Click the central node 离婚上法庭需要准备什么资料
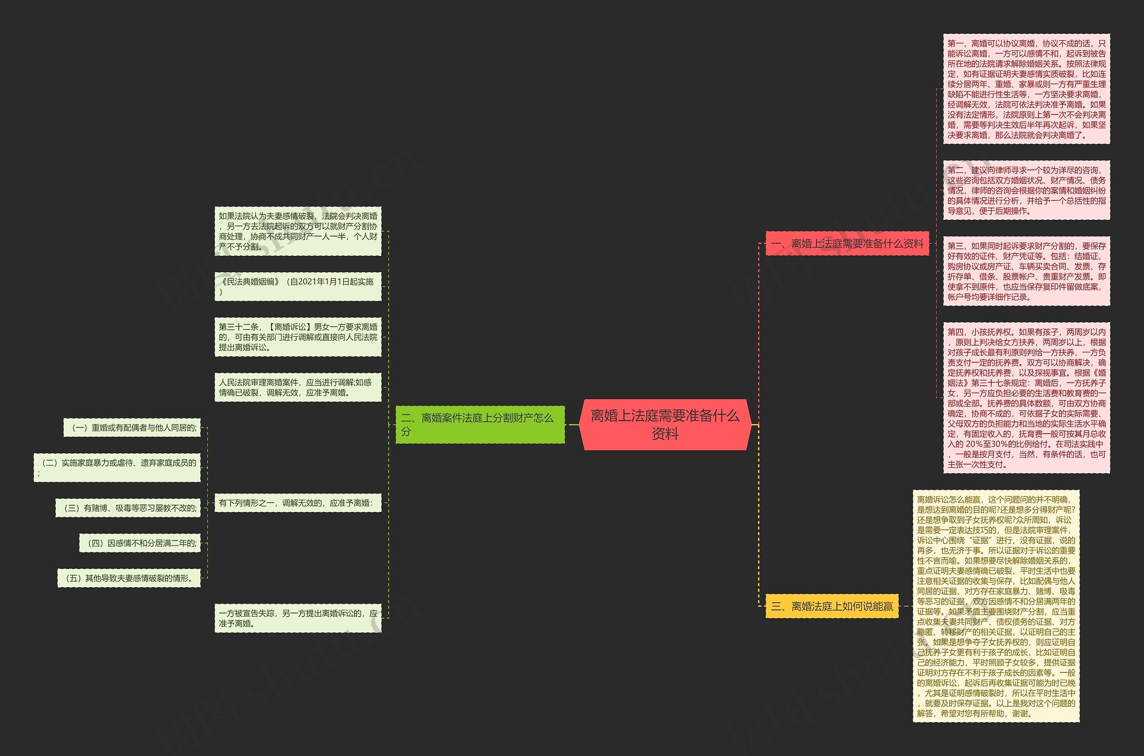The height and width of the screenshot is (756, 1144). point(665,424)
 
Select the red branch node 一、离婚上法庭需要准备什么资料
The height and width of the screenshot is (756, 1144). point(847,244)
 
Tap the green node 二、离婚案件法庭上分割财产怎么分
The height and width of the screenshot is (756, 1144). point(479,424)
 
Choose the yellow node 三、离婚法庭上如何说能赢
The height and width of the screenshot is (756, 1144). point(832,606)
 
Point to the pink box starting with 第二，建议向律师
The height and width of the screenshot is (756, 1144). point(1026,190)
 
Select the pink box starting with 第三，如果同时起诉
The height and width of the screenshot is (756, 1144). point(1026,271)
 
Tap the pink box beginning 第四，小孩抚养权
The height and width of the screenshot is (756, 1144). point(1026,398)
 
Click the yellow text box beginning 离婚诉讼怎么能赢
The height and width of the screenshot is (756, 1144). point(996,606)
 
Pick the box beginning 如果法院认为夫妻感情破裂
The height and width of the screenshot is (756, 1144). point(298,232)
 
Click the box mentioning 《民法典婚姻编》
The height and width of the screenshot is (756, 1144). point(298,287)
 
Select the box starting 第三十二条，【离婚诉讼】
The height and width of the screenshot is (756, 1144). point(298,337)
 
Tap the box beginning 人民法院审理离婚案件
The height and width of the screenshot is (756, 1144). point(298,387)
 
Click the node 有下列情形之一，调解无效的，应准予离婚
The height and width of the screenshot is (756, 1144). point(298,503)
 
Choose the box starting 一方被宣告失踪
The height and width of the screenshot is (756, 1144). point(298,618)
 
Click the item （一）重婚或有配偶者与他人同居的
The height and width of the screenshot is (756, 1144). point(132,428)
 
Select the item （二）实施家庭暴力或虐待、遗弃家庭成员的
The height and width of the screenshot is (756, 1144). point(117,468)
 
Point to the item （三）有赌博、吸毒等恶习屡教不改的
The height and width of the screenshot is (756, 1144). point(128,508)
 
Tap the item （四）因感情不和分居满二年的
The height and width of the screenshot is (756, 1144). point(140,543)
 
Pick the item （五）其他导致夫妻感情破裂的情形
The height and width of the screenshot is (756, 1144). point(129,578)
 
